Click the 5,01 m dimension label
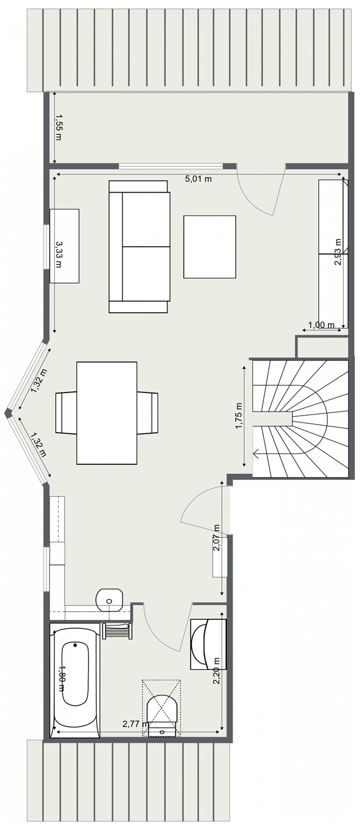pos(198,179)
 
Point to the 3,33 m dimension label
pos(59,254)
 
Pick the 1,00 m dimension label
pos(321,325)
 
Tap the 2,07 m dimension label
pos(217,538)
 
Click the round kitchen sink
pos(109,601)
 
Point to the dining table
pos(107,413)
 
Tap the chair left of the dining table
pos(66,412)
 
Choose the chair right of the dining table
pos(148,412)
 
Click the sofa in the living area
pos(139,247)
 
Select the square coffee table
pos(210,247)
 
